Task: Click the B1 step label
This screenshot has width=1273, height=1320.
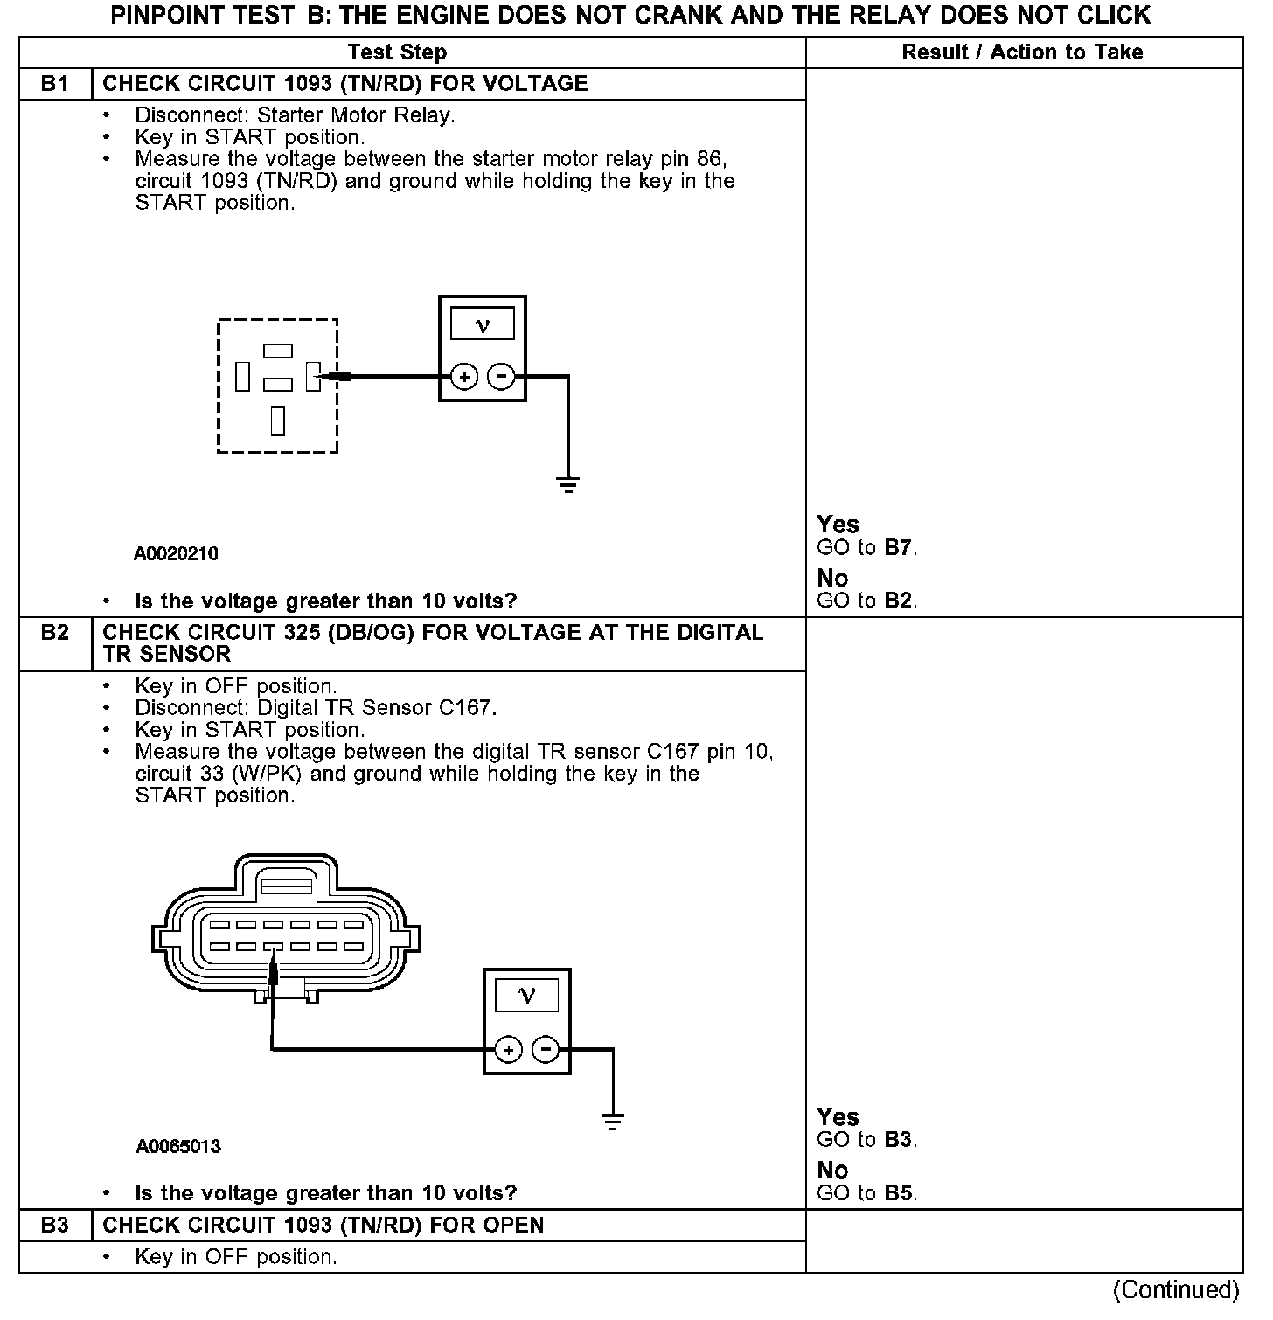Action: click(54, 84)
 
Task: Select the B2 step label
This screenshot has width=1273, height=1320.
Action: click(54, 632)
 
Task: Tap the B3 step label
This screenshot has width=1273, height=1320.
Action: click(54, 1226)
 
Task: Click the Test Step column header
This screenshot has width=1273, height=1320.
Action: click(397, 52)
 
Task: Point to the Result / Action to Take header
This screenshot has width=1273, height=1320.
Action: click(1022, 52)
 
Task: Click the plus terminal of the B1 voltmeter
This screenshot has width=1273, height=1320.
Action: click(464, 377)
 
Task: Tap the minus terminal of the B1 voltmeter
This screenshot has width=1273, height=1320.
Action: click(501, 377)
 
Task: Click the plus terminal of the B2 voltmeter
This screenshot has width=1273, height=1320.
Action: click(509, 1049)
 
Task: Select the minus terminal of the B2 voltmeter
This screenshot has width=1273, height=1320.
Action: click(546, 1049)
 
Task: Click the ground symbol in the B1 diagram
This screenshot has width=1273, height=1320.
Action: click(568, 485)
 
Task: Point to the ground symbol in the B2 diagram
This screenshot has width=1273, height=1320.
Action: click(613, 1122)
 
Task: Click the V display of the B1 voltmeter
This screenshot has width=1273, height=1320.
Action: click(483, 325)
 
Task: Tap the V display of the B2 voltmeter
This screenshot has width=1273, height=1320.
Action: click(527, 996)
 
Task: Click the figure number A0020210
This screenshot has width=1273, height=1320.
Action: click(176, 554)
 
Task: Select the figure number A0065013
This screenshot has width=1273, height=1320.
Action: click(177, 1147)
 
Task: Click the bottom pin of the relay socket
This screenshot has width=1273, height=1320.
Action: click(278, 420)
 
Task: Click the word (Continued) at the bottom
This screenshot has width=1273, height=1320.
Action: click(1176, 1290)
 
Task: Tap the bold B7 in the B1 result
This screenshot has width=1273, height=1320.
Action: click(898, 548)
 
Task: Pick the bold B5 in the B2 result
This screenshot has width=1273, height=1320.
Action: click(898, 1193)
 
